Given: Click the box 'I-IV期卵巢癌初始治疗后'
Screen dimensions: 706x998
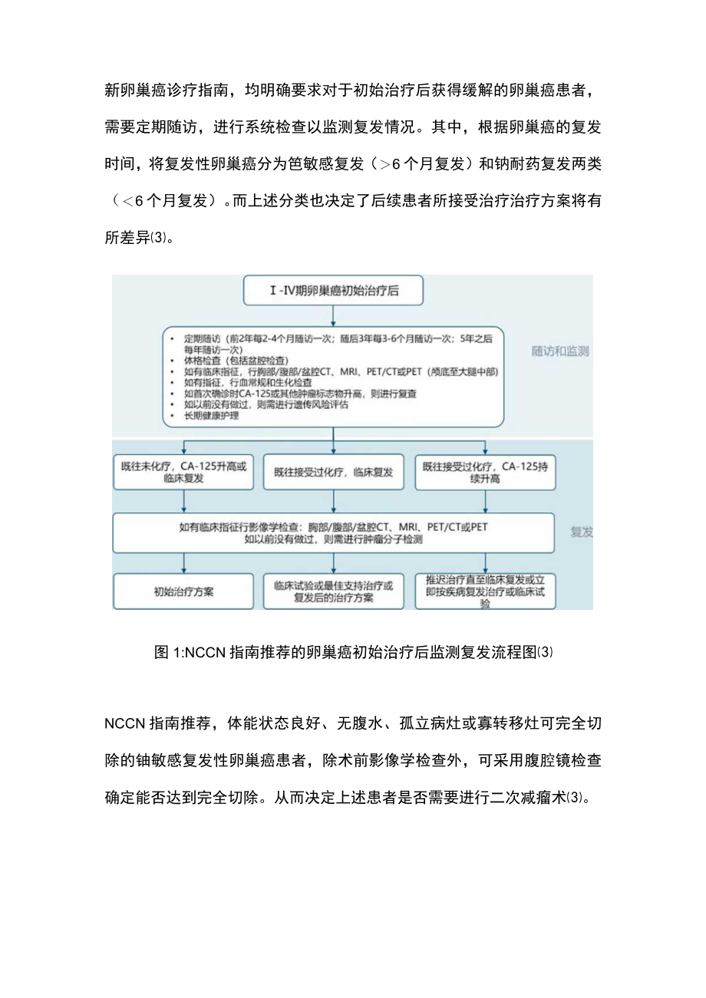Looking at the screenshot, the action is click(x=332, y=291).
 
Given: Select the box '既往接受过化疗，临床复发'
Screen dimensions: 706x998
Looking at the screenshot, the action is click(x=333, y=473).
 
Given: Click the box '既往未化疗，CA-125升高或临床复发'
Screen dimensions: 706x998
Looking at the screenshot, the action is click(x=183, y=472).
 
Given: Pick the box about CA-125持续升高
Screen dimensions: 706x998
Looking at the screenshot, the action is click(x=485, y=472).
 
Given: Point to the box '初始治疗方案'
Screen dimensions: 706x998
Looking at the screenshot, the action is click(x=183, y=591).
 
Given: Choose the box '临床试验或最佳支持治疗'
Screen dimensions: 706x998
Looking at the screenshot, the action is click(x=333, y=591).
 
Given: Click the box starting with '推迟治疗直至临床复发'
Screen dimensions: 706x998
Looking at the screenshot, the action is click(x=485, y=591).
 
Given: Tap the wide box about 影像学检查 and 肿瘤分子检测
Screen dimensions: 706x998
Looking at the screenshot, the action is click(x=333, y=533).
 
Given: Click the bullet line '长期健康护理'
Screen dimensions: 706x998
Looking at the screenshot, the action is click(x=212, y=416).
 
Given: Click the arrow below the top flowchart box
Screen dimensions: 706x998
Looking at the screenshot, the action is click(x=332, y=316).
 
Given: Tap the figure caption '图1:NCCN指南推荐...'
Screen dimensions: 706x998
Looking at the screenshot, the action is click(x=353, y=653).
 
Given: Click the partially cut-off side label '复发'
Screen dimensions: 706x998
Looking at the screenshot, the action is click(x=581, y=532).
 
